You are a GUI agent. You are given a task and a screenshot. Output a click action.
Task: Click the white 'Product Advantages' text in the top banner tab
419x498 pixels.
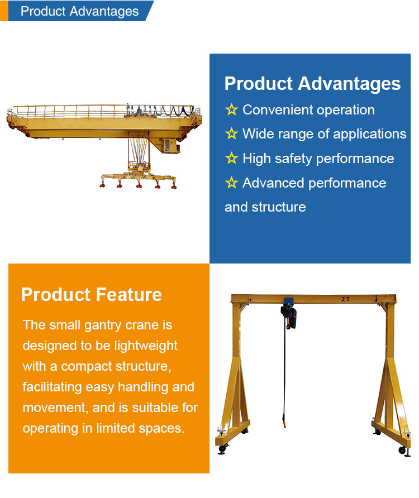79,11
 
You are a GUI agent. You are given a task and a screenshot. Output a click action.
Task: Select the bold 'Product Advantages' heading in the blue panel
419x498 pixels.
312,84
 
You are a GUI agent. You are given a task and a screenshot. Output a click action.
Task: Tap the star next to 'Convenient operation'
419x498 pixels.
231,109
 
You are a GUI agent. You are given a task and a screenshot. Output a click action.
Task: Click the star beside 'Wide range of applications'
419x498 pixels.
231,134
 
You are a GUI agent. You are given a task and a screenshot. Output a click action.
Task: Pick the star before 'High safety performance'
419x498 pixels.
231,159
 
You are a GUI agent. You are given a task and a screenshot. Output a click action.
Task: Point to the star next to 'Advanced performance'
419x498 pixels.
231,183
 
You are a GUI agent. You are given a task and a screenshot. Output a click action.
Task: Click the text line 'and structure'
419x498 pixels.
265,207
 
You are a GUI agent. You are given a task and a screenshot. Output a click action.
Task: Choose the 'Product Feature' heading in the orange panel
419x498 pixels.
91,295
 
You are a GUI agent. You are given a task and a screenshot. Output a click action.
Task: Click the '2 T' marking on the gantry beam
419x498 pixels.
345,299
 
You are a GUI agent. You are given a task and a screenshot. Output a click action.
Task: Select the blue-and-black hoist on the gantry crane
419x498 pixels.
289,315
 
